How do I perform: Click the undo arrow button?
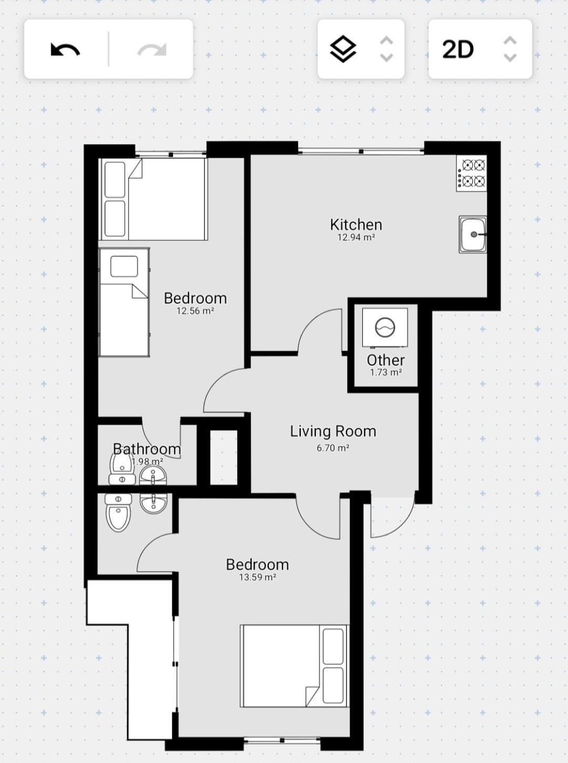tap(65, 49)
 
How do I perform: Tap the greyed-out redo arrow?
tap(152, 49)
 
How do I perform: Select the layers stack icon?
tap(343, 49)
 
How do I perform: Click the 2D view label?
tap(458, 49)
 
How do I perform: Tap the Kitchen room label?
tap(356, 224)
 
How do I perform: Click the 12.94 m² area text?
tap(356, 237)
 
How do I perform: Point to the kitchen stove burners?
tap(472, 173)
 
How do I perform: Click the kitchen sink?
tap(473, 234)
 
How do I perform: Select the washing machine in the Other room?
tap(385, 327)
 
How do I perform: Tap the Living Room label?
tap(333, 431)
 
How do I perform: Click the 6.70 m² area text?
tap(333, 448)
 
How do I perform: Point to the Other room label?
tap(386, 360)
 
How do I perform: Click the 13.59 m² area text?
tap(258, 577)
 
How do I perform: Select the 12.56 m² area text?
tap(195, 311)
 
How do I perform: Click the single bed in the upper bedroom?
tap(124, 302)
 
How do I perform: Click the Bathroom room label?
tap(147, 449)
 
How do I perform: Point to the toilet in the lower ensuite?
tap(118, 513)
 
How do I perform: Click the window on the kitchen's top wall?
tap(361, 151)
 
